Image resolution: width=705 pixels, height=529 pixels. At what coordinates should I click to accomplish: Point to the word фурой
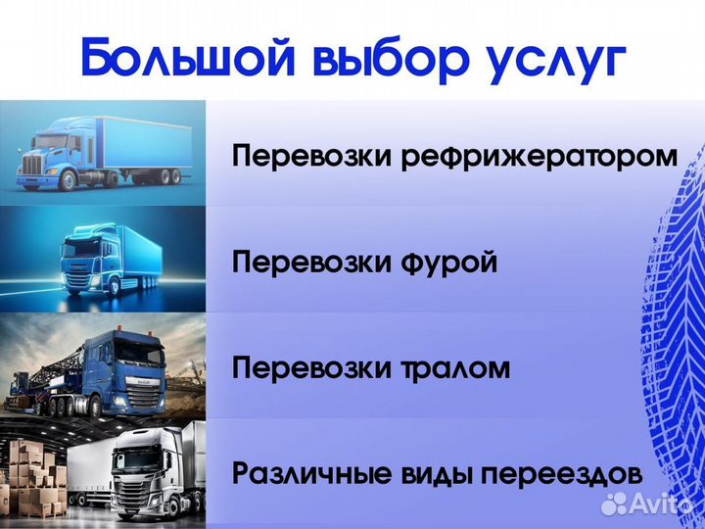coord(449,263)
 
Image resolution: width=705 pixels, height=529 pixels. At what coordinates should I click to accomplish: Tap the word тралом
coord(456,368)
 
